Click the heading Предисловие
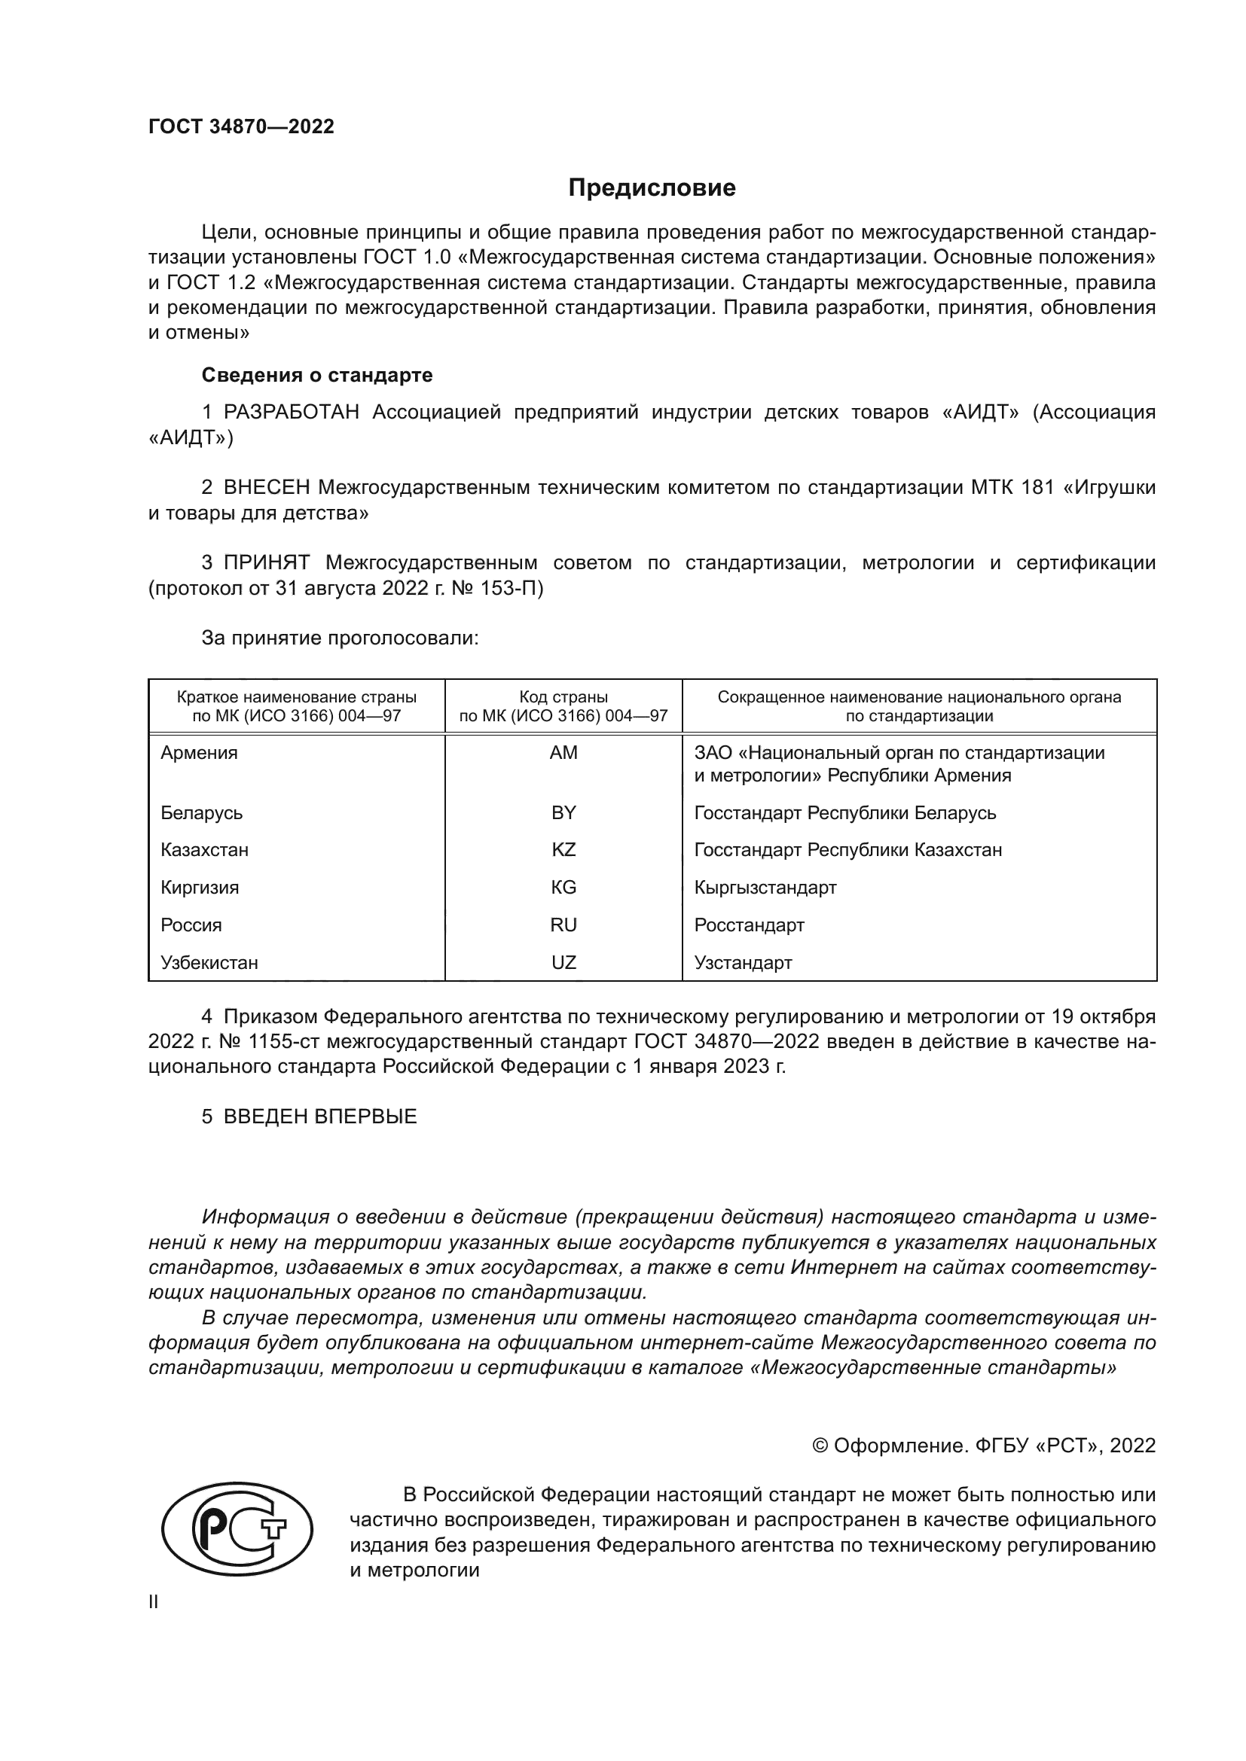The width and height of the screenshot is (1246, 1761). (652, 188)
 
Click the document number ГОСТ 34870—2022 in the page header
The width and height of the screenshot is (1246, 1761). (241, 126)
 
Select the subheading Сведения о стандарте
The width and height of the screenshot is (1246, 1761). (317, 375)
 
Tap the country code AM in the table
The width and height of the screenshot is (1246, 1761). (563, 752)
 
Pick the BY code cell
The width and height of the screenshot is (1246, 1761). (563, 812)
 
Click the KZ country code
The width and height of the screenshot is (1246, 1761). (563, 850)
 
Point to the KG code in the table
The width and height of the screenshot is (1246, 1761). (563, 888)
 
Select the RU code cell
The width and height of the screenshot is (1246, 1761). (563, 925)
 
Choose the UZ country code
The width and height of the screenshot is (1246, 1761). (563, 963)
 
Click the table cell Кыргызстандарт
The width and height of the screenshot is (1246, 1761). (765, 888)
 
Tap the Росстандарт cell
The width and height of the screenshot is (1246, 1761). (749, 925)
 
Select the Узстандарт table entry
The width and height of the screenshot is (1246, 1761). (743, 963)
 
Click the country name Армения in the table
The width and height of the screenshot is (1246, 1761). (199, 752)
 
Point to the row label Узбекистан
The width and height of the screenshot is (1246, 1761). (209, 963)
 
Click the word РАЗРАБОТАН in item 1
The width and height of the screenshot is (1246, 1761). (292, 413)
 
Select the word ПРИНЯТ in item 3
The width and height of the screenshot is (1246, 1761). (266, 563)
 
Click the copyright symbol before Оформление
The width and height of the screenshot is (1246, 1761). (820, 1446)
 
